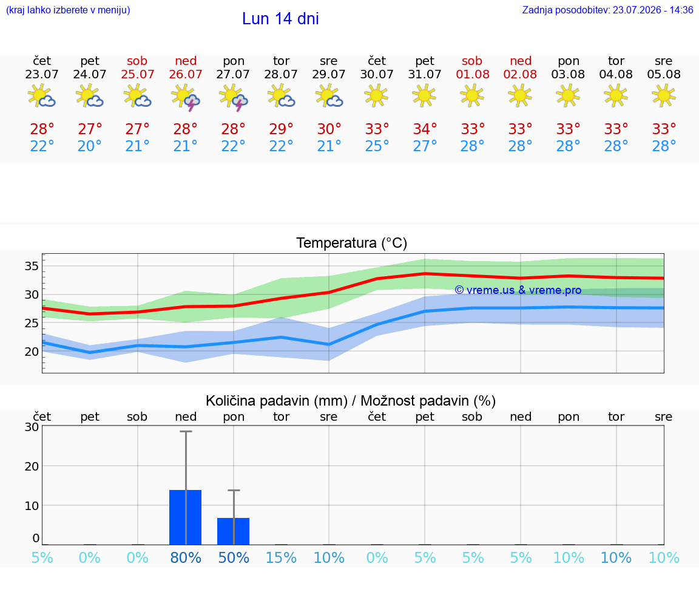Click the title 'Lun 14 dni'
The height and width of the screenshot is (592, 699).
pos(280,19)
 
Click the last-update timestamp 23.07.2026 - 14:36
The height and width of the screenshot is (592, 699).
pos(653,10)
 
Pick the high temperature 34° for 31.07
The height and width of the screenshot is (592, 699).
pos(424,129)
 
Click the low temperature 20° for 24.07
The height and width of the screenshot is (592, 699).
pos(90,146)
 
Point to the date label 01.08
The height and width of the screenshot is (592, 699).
pos(473,74)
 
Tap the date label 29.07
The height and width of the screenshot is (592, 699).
pos(329,74)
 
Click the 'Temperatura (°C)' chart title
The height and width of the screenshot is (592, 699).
pos(352,243)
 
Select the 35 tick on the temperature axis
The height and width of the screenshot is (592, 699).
pos(32,267)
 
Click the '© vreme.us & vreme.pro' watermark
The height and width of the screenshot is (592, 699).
pos(518,290)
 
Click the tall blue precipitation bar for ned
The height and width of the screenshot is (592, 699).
pos(186,517)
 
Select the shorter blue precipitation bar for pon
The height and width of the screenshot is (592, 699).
pos(233,531)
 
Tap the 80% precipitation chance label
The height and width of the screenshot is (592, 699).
pos(186,557)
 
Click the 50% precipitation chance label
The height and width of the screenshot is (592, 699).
pos(234,557)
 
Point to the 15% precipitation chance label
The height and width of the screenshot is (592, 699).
pos(282,557)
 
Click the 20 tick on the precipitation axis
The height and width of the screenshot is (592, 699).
pos(32,466)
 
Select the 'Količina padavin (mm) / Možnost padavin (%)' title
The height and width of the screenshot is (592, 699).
pos(351,401)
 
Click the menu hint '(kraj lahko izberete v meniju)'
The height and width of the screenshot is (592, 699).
pos(68,10)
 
